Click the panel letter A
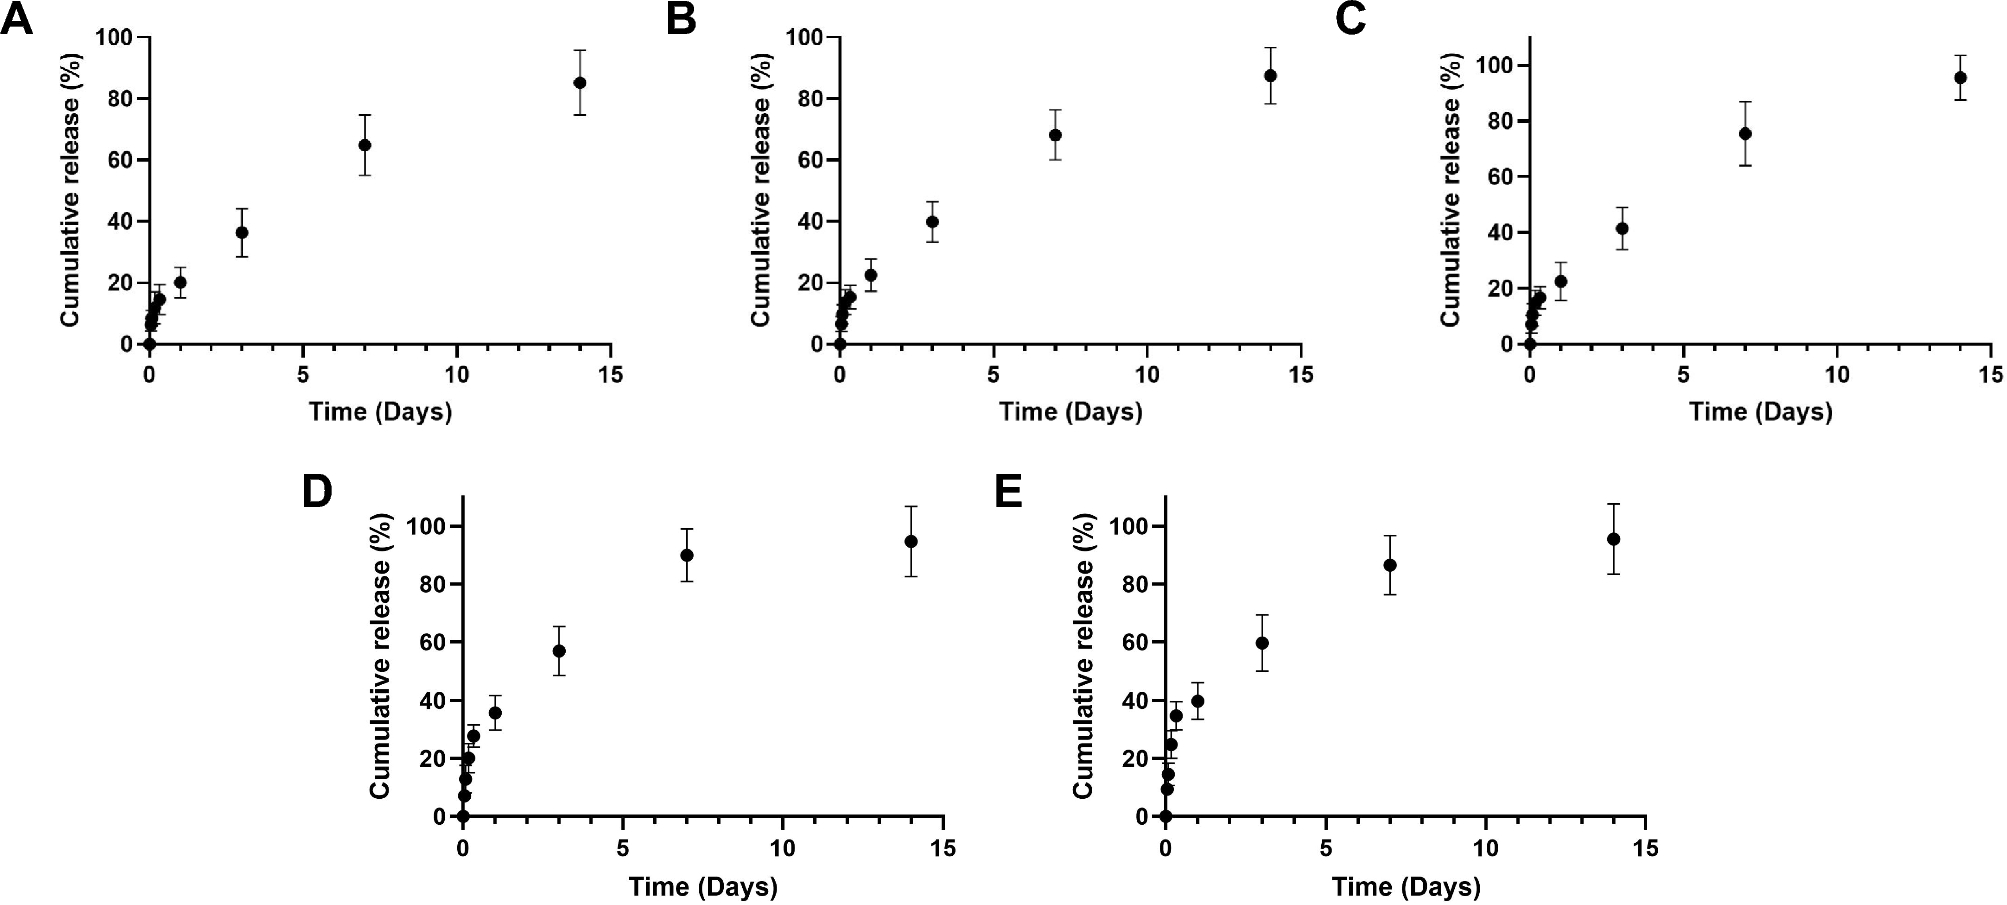point(16,19)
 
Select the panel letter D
point(317,492)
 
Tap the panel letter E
point(1009,492)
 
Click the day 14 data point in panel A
point(579,83)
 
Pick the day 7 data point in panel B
point(1055,135)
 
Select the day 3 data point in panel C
point(1622,229)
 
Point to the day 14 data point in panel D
point(911,541)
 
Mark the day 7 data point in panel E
point(1390,565)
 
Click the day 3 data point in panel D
point(559,651)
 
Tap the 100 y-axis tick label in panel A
point(115,38)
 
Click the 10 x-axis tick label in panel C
point(1837,375)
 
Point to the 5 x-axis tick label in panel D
point(623,849)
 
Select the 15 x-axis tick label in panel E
point(1645,849)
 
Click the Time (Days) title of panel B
point(1070,412)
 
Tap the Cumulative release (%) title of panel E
point(1084,657)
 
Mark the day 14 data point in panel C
point(1960,77)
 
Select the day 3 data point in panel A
point(241,232)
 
